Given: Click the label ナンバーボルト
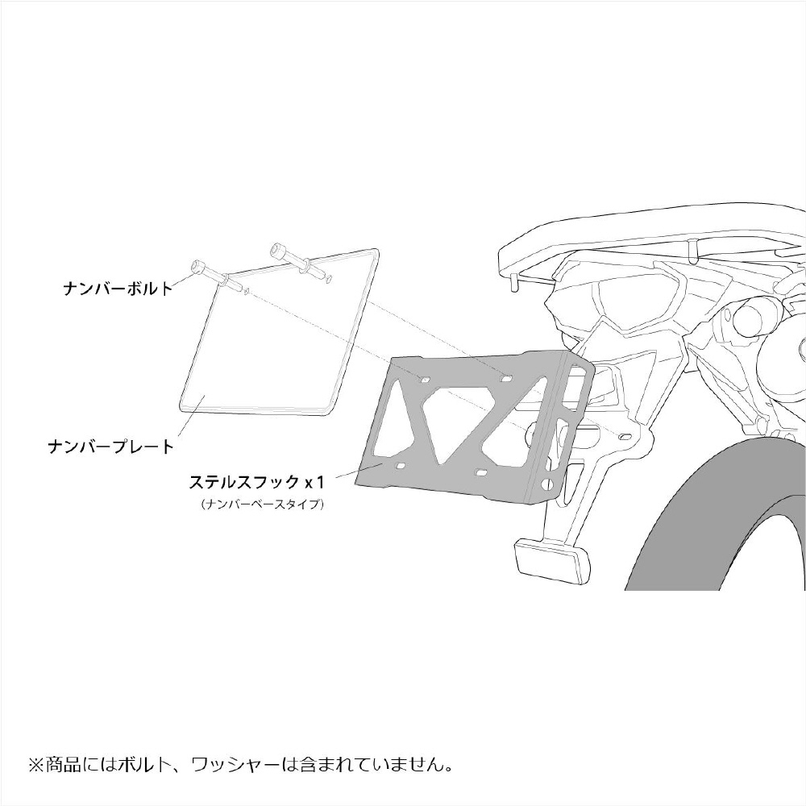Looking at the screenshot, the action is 118,288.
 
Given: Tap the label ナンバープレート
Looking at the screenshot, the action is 111,447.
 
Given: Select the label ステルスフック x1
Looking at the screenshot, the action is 258,482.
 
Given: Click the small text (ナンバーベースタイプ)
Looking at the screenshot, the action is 263,505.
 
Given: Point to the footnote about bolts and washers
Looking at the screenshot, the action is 241,764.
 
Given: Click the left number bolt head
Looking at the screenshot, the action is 198,268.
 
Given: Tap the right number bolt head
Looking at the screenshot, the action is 279,251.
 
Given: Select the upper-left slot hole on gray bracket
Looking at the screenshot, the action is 425,380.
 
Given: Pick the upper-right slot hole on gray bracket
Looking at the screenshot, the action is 506,379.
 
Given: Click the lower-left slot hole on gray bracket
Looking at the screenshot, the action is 400,466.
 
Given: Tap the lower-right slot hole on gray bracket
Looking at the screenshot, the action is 482,472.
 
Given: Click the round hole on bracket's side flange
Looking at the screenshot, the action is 547,484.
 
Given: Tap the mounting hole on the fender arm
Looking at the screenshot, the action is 625,436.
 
